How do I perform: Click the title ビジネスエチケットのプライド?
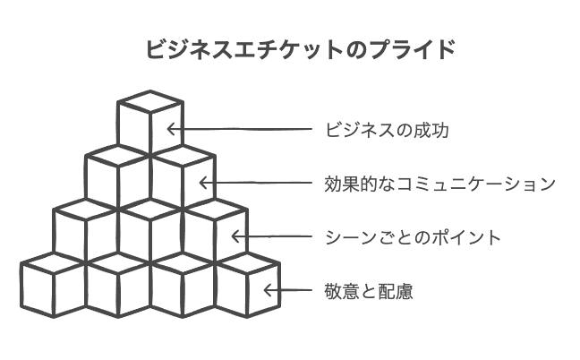(301, 49)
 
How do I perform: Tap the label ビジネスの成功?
(387, 130)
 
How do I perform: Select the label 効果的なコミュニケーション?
(439, 184)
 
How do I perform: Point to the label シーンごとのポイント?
(413, 237)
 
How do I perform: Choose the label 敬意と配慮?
(369, 291)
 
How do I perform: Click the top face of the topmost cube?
(150, 101)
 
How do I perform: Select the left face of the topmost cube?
(134, 128)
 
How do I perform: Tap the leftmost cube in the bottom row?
(54, 285)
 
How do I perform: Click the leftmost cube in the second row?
(118, 177)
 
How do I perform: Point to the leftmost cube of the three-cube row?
(86, 231)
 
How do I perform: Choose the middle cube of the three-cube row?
(150, 231)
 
